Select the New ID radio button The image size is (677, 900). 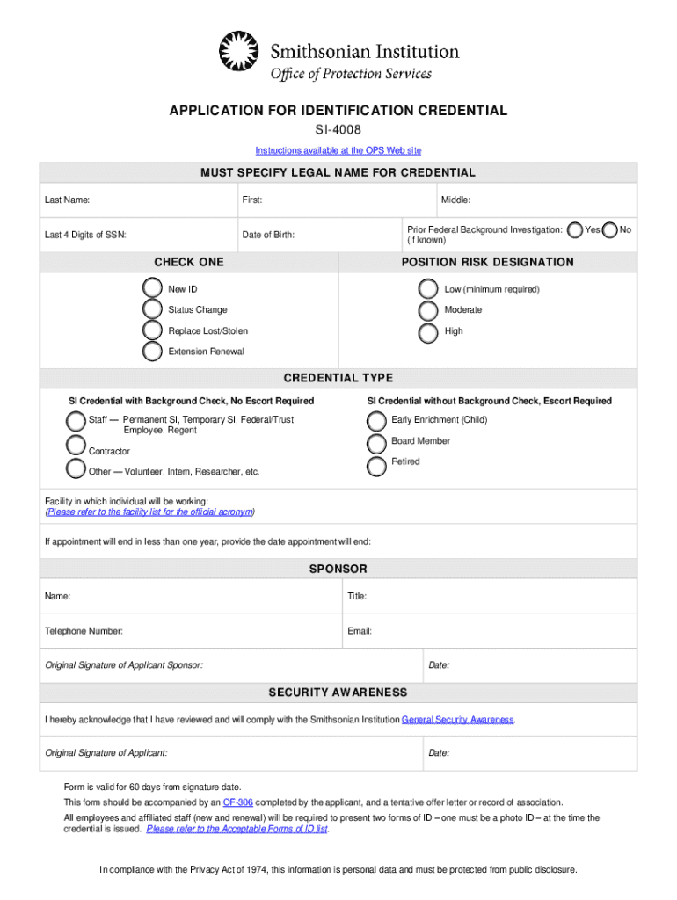click(x=152, y=288)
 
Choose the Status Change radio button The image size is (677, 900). click(x=152, y=309)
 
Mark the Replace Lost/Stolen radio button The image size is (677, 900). click(x=152, y=330)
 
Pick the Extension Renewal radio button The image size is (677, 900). click(x=152, y=352)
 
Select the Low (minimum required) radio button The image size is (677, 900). click(x=428, y=288)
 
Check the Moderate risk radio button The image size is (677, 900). click(x=428, y=310)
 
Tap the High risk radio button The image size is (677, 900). click(x=428, y=332)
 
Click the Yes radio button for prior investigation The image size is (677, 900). click(x=575, y=229)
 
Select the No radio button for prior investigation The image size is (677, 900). click(x=609, y=229)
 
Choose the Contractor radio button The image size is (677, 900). click(x=76, y=446)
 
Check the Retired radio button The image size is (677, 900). click(x=376, y=465)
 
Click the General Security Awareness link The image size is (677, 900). click(x=457, y=720)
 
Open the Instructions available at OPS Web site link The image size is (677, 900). click(x=338, y=150)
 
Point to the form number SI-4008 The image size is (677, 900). click(x=338, y=130)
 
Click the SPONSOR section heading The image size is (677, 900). click(x=338, y=569)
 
